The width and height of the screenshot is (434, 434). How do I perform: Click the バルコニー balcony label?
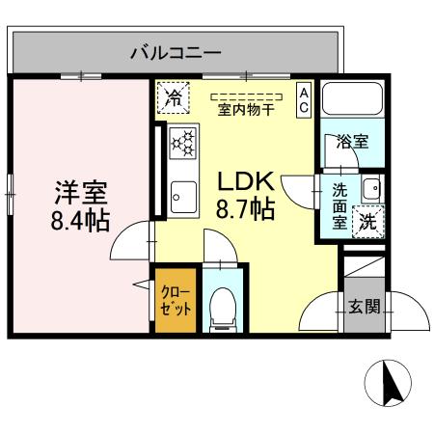point(176,52)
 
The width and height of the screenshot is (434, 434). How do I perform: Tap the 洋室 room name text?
point(80,191)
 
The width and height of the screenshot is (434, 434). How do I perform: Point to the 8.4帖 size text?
point(80,219)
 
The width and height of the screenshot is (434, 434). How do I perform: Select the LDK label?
point(246,181)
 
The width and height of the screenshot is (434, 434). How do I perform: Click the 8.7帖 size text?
point(246,208)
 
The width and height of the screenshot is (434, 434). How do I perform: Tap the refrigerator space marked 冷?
point(174,96)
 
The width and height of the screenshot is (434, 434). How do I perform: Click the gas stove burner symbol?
point(181,143)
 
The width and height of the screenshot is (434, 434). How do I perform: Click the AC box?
point(303,99)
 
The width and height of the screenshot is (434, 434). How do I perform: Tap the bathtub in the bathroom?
point(353,101)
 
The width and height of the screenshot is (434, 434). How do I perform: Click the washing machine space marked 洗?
point(368,220)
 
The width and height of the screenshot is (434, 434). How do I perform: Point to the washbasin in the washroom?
point(371,188)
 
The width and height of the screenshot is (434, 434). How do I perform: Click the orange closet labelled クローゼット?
point(175,299)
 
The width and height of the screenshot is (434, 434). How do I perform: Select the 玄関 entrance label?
point(364,308)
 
